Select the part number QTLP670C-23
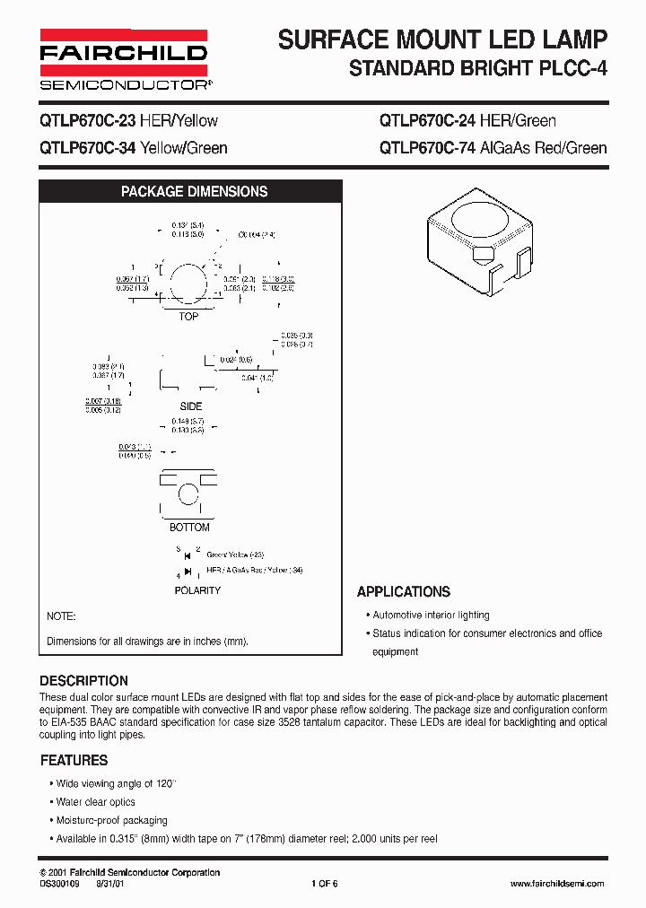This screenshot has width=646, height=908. (87, 121)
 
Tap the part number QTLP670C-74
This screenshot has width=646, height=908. (428, 148)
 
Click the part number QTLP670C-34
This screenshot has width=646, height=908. (87, 148)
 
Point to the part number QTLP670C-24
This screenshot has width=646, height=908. (428, 121)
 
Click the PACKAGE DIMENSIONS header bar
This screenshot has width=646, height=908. (194, 192)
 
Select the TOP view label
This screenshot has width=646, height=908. (188, 317)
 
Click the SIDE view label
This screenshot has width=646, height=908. (191, 406)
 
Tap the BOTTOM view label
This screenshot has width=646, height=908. (189, 528)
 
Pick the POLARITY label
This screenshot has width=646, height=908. (197, 590)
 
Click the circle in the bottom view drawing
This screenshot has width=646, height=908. (188, 494)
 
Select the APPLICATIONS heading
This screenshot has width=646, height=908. (403, 592)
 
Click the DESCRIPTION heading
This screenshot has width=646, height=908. (83, 681)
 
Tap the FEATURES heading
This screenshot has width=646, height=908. (74, 760)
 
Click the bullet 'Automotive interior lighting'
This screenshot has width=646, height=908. (431, 616)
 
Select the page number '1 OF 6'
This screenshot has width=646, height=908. (324, 884)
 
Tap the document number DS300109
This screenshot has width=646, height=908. (60, 884)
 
